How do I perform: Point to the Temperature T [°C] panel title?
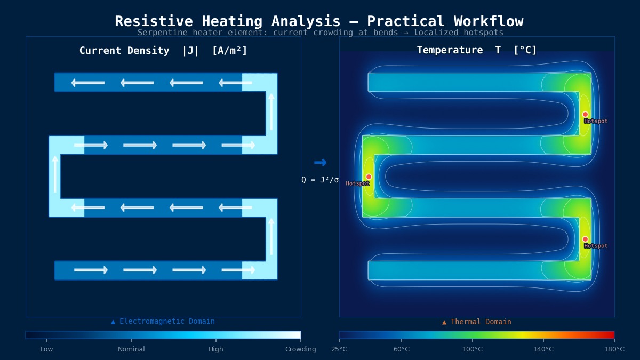tap(477, 51)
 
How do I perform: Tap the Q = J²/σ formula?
tap(320, 180)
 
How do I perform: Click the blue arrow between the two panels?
tap(320, 163)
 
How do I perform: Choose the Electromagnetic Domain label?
tap(163, 322)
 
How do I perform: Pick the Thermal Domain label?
tap(477, 322)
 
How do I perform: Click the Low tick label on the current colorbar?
tap(47, 349)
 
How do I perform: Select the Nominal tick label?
tap(131, 349)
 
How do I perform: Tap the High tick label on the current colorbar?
tap(216, 349)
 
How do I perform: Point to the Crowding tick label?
tap(300, 349)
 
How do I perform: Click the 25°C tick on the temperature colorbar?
tap(339, 349)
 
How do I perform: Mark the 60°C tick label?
tap(402, 349)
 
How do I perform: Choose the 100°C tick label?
tap(473, 349)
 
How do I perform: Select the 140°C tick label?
tap(543, 349)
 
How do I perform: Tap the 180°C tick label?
tap(614, 349)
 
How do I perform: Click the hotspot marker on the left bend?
tap(369, 177)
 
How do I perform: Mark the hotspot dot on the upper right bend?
tap(585, 115)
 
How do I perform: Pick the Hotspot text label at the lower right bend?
tap(596, 246)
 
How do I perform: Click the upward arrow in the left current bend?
tap(55, 174)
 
